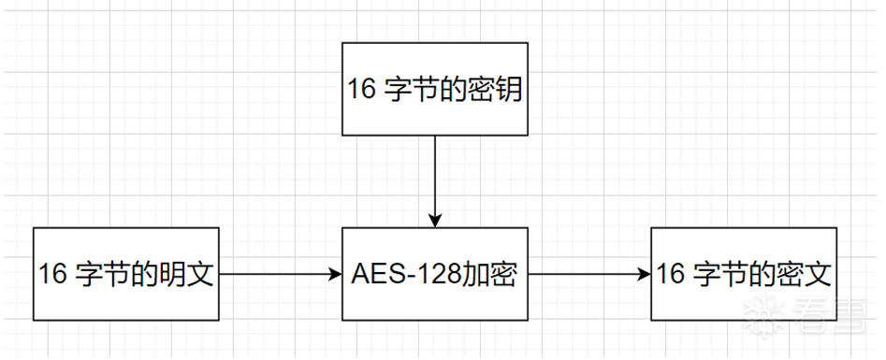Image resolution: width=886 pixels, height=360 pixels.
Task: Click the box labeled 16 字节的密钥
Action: (x=435, y=88)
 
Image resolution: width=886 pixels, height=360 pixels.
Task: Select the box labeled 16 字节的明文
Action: (x=125, y=273)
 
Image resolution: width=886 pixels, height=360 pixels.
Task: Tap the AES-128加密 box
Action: (x=435, y=273)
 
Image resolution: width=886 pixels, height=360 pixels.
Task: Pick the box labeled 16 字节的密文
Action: (x=744, y=273)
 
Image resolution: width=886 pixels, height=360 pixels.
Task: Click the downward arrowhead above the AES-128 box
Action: (x=435, y=220)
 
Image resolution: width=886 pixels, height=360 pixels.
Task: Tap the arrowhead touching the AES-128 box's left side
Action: (x=337, y=274)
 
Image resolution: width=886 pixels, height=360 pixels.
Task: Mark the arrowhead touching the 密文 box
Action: (x=645, y=274)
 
